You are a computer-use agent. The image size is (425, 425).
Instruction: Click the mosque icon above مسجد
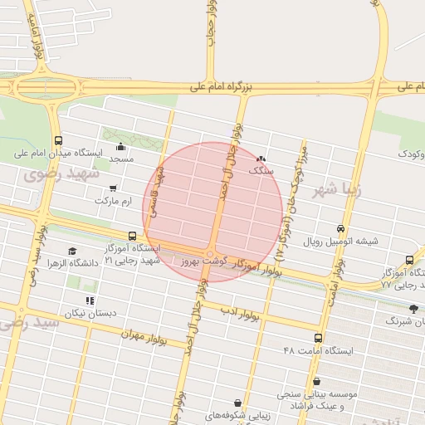(120, 146)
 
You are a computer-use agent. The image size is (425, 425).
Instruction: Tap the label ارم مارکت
(114, 201)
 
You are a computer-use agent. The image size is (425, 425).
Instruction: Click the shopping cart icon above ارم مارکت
(113, 188)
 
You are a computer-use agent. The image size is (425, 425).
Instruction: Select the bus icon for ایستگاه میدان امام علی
(57, 140)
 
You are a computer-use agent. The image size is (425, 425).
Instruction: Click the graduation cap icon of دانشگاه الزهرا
(72, 251)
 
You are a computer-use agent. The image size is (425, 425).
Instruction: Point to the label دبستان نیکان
(90, 313)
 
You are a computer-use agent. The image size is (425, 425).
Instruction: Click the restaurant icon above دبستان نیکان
(90, 300)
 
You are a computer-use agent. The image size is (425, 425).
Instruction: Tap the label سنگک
(261, 169)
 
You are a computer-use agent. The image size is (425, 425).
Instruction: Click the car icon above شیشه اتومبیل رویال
(340, 229)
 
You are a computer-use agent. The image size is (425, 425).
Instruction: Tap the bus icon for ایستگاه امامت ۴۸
(318, 338)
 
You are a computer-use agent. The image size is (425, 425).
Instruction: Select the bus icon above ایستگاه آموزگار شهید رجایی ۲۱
(133, 237)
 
